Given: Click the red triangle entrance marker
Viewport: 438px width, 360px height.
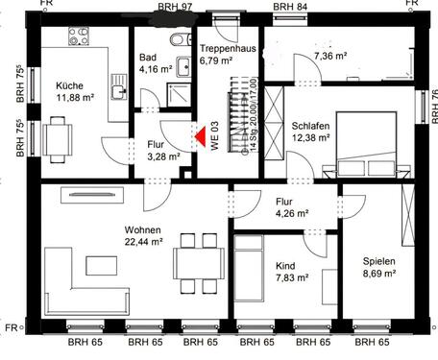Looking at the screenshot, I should [x=201, y=136].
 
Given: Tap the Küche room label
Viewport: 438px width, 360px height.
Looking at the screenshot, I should [x=68, y=84].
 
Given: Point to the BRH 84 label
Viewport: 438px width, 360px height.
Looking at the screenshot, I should [x=289, y=7].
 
